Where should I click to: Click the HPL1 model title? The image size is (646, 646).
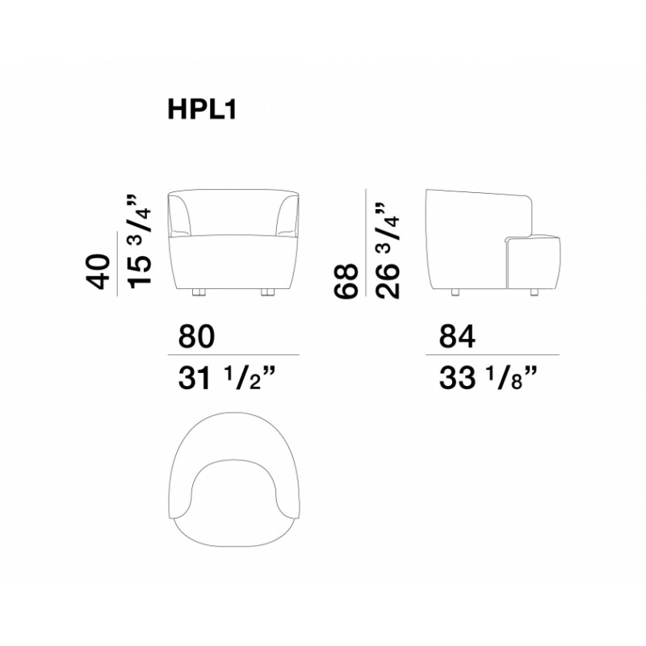point(202,110)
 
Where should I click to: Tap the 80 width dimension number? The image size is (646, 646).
point(196,336)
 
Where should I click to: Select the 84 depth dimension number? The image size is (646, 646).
point(457,336)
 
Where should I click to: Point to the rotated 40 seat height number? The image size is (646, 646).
point(99,272)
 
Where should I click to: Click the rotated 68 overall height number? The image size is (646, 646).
point(346,281)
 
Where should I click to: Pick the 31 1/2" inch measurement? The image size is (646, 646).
point(226,379)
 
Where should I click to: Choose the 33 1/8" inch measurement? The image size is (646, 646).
point(489,379)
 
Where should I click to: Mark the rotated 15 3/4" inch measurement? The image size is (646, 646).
point(139,241)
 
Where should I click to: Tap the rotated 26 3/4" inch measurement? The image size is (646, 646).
point(388,250)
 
